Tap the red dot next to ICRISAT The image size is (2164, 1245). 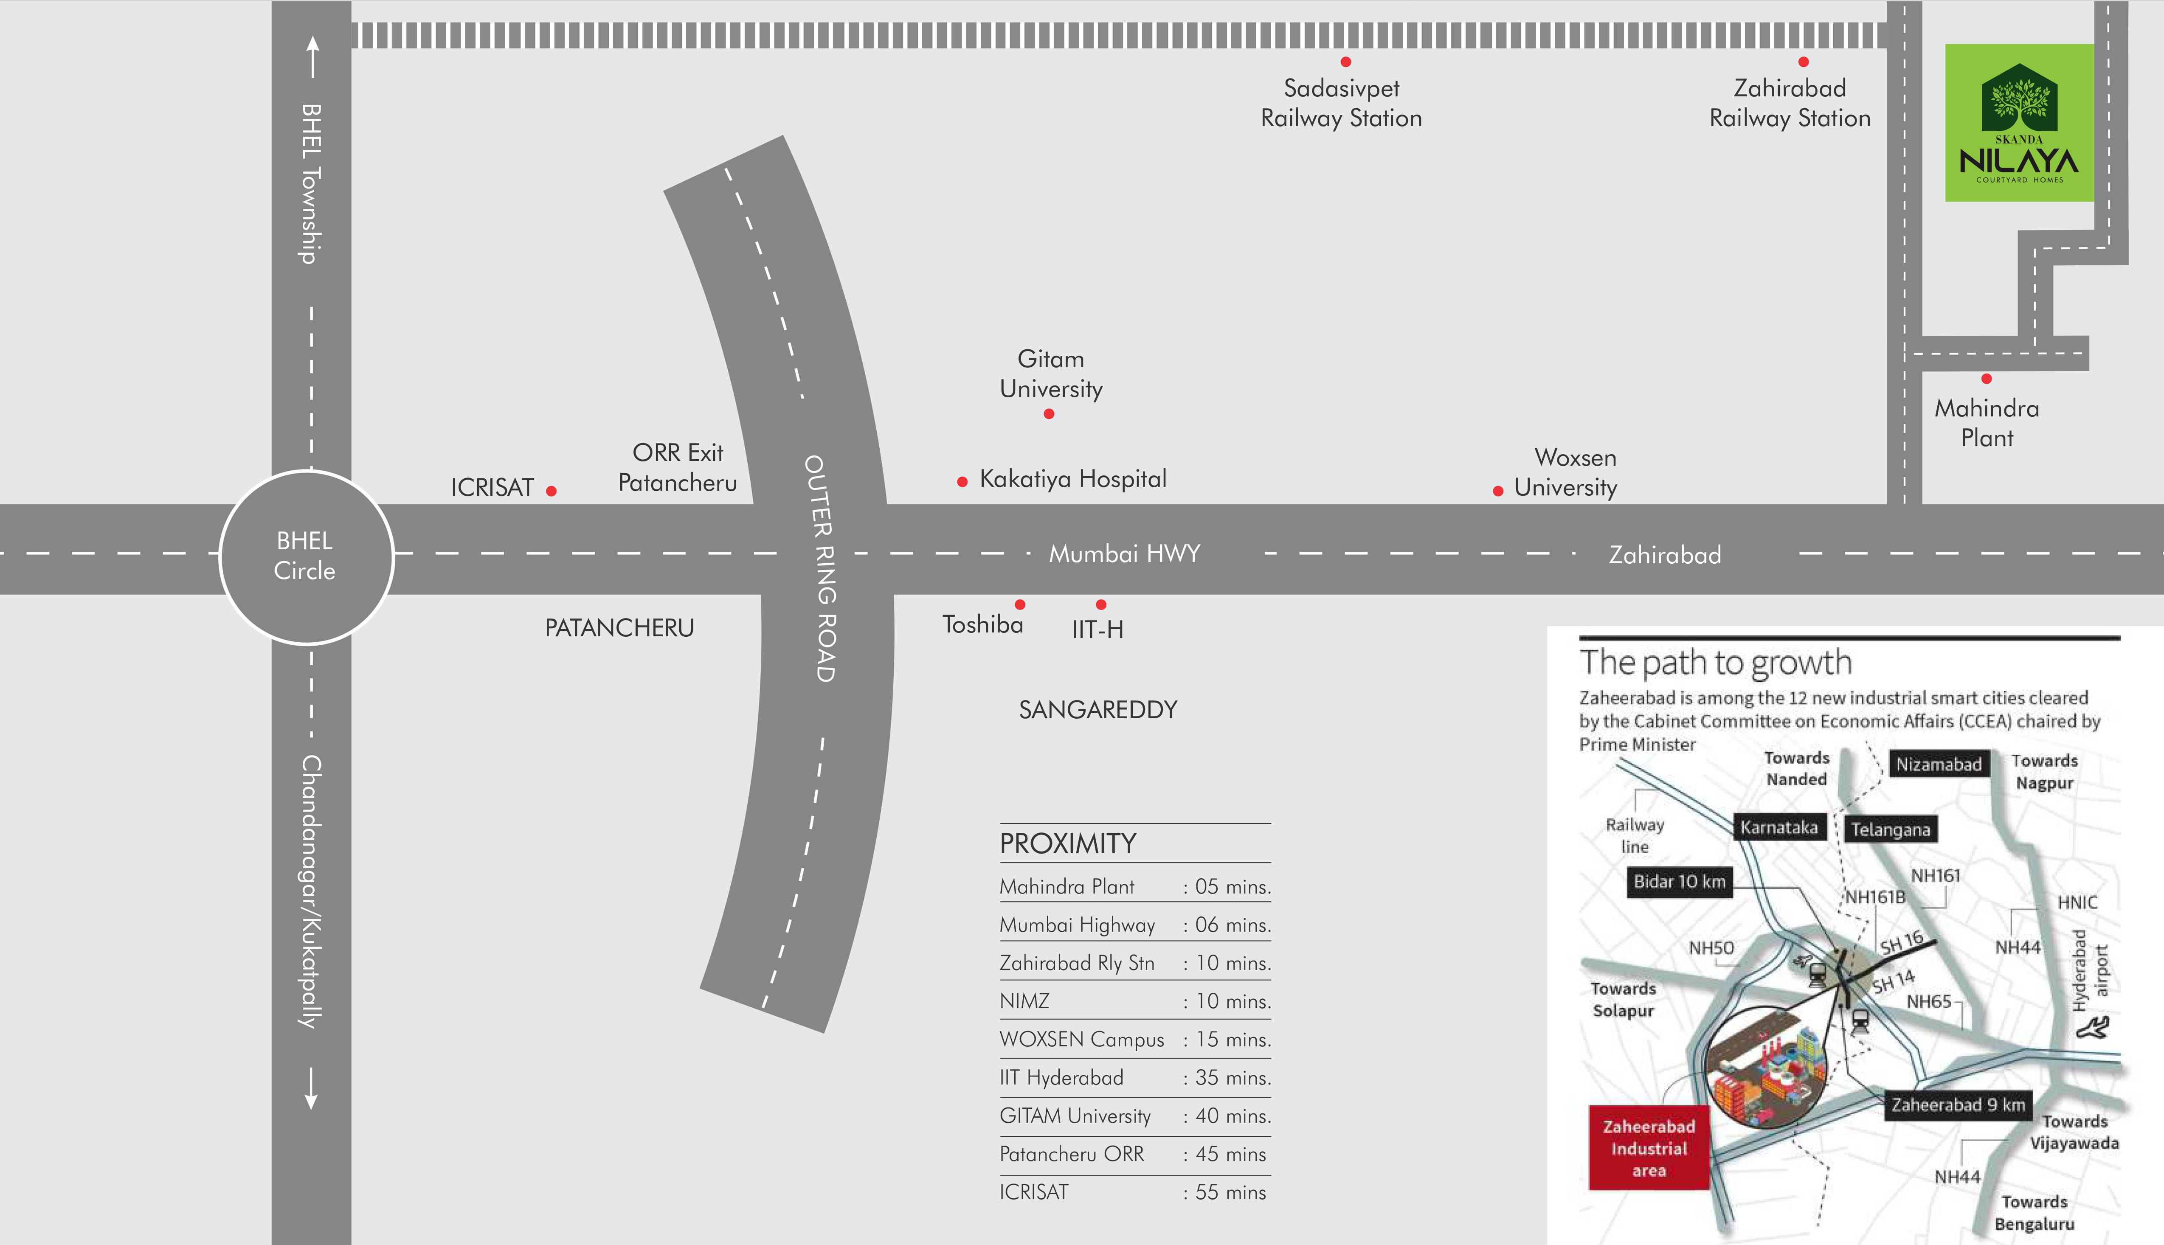coord(552,491)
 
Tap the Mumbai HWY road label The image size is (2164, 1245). coord(1124,554)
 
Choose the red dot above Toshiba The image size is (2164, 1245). coord(1020,604)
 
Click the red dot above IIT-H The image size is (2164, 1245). coord(1101,604)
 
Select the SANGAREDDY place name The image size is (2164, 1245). coord(1098,710)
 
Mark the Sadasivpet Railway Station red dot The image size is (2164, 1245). coord(1346,62)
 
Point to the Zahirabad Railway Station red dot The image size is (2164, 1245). coord(1803,62)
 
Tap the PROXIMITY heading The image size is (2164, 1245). coord(1068,844)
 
